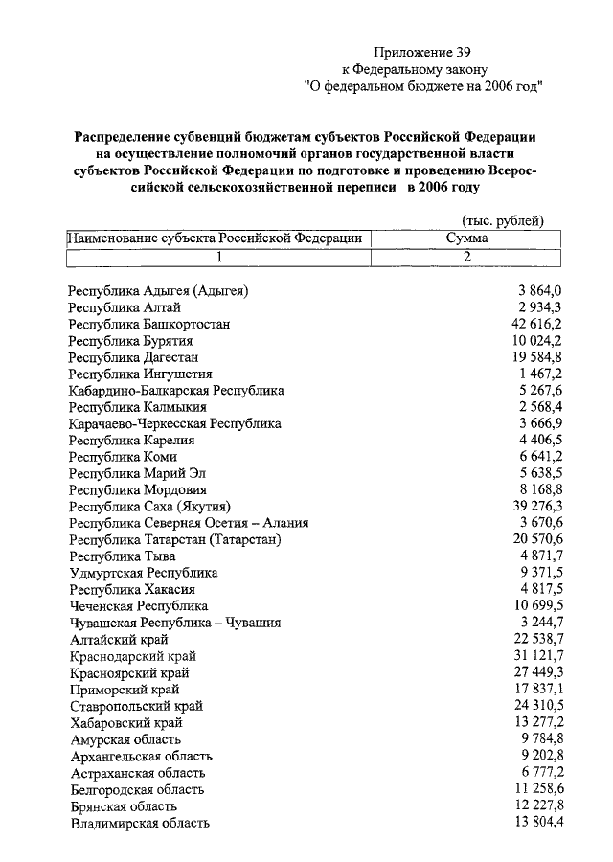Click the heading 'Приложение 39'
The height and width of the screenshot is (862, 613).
pyautogui.click(x=421, y=51)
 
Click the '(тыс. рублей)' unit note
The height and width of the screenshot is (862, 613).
pyautogui.click(x=503, y=221)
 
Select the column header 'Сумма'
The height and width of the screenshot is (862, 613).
pyautogui.click(x=467, y=238)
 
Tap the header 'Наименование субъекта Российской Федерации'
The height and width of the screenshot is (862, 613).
pyautogui.click(x=216, y=238)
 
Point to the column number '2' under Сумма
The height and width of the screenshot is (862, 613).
pyautogui.click(x=467, y=257)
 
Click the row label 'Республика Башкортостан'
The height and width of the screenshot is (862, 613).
pyautogui.click(x=149, y=324)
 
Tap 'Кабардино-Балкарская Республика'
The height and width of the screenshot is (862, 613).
pyautogui.click(x=176, y=391)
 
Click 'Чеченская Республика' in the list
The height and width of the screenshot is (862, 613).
pyautogui.click(x=139, y=606)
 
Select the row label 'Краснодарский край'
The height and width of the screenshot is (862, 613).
pyautogui.click(x=133, y=656)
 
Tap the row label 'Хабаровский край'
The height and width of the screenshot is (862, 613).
pyautogui.click(x=126, y=723)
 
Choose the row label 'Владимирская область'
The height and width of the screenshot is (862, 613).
pyautogui.click(x=140, y=823)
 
